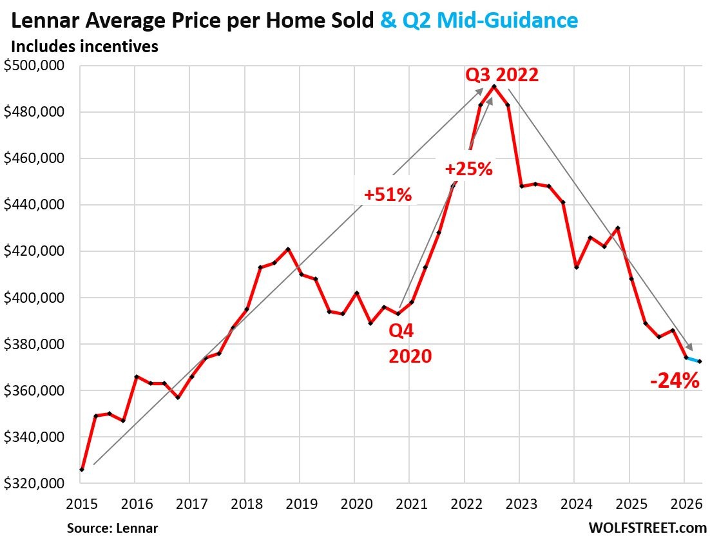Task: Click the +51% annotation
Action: coord(387,194)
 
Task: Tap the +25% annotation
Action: coord(468,169)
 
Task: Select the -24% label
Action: coord(675,381)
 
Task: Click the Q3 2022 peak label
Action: coord(501,75)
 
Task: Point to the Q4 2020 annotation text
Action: coord(410,343)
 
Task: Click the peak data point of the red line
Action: coord(494,86)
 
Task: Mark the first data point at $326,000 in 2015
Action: coord(81,470)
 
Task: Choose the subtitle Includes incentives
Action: coord(84,46)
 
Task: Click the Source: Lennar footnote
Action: coord(112,528)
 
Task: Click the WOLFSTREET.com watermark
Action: coord(647,528)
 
